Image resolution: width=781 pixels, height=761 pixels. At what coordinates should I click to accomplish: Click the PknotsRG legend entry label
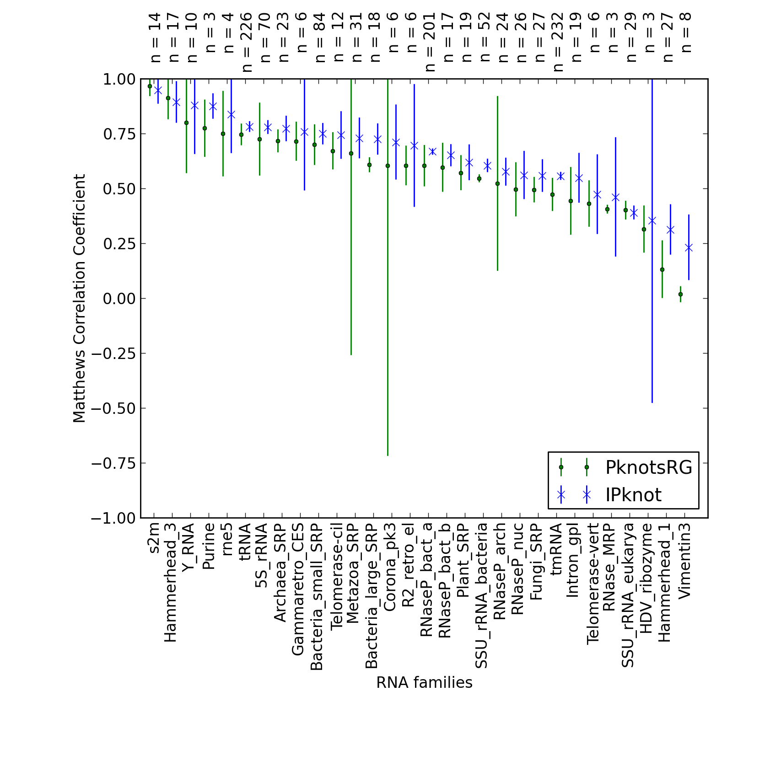click(x=649, y=467)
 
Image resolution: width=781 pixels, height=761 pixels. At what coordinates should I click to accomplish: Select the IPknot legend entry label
click(x=633, y=495)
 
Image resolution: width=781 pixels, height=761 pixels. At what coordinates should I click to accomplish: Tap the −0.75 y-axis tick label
click(x=113, y=463)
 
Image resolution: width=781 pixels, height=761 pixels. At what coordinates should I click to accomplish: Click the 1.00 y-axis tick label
click(x=119, y=79)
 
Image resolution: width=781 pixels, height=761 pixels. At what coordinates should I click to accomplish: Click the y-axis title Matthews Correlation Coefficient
click(x=79, y=298)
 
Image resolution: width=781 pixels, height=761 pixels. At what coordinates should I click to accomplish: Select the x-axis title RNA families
click(x=424, y=682)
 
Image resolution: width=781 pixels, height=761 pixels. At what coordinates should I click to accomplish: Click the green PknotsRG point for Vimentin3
click(x=680, y=294)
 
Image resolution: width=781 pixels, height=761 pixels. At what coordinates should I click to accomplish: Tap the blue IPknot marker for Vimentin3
click(x=689, y=248)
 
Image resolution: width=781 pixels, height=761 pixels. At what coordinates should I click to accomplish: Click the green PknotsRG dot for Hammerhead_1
click(x=662, y=270)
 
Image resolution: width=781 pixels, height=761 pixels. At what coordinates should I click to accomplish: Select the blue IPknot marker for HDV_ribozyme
click(x=652, y=221)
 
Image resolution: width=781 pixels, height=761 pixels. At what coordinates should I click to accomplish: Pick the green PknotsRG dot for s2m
click(x=150, y=86)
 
